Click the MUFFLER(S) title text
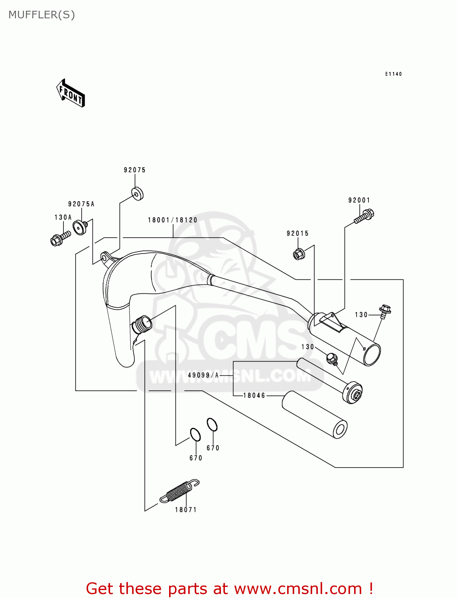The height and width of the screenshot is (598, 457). click(x=41, y=15)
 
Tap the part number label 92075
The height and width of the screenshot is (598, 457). click(x=135, y=170)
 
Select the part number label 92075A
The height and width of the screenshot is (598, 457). click(x=81, y=204)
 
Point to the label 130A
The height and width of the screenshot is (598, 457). click(x=63, y=218)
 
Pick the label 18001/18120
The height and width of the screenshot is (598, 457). click(x=173, y=220)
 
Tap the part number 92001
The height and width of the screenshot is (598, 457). click(x=359, y=200)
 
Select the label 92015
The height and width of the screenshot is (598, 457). click(x=297, y=234)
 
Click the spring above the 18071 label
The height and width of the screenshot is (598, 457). click(x=179, y=491)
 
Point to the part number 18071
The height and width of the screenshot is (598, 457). click(x=186, y=510)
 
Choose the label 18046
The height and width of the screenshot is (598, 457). click(x=254, y=395)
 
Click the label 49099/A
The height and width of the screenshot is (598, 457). click(x=203, y=375)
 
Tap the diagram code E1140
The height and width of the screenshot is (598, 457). click(x=394, y=74)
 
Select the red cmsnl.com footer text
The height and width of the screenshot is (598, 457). click(x=229, y=588)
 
